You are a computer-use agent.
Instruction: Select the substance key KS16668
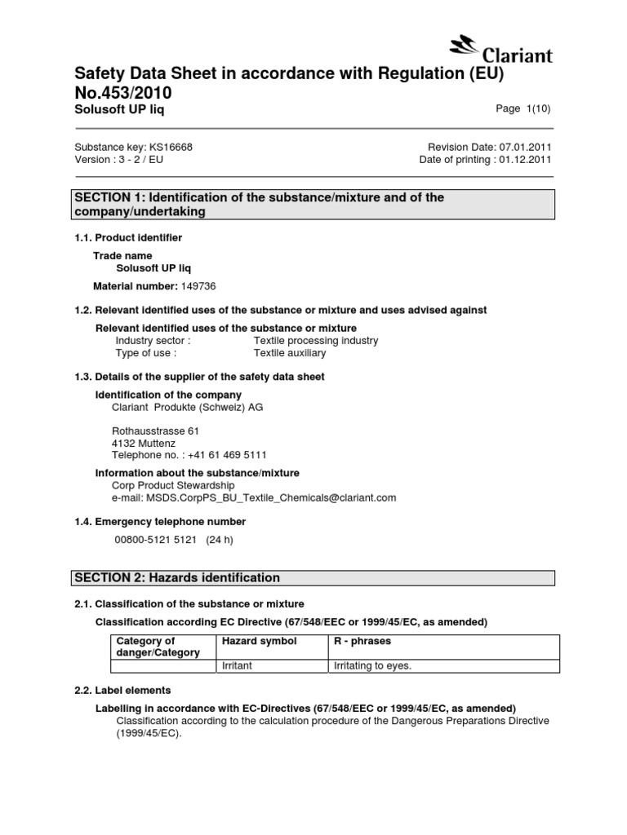[x=171, y=147]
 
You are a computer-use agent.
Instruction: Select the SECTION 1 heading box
[x=313, y=204]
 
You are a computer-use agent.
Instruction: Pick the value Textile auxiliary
[x=290, y=353]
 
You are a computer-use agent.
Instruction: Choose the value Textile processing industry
[x=316, y=340]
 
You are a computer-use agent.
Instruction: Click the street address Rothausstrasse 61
[x=155, y=431]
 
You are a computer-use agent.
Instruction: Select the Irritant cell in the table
[x=238, y=665]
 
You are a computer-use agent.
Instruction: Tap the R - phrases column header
[x=362, y=642]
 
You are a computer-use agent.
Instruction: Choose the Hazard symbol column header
[x=259, y=642]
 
